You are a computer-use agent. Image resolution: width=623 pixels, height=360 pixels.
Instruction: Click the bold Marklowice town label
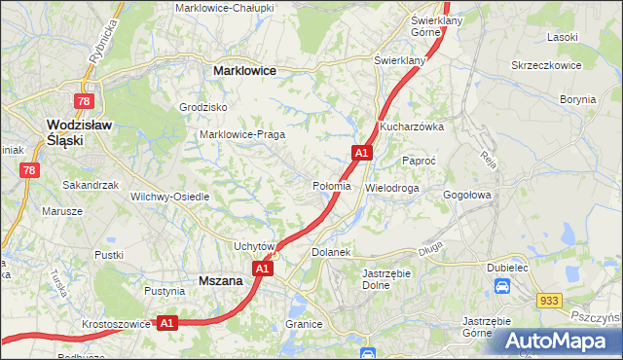[244, 71]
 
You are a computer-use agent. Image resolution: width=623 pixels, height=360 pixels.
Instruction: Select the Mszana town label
[220, 280]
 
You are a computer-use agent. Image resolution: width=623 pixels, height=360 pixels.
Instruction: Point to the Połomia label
[331, 186]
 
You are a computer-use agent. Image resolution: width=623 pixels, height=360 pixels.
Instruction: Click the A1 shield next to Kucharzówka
[361, 153]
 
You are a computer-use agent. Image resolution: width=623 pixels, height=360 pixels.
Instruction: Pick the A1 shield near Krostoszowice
[166, 322]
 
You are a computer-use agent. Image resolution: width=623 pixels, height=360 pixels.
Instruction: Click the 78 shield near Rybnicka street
[85, 101]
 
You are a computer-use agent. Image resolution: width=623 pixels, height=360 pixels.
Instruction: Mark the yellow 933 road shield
[549, 303]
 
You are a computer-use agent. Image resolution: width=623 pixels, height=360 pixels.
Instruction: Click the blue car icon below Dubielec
[502, 287]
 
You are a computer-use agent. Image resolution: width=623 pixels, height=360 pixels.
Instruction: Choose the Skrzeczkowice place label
[545, 65]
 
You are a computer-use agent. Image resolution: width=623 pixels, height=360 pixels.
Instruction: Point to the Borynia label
[578, 99]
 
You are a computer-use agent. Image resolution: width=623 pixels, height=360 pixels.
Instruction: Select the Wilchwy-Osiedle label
[170, 196]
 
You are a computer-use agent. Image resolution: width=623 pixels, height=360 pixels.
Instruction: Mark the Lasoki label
[563, 36]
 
